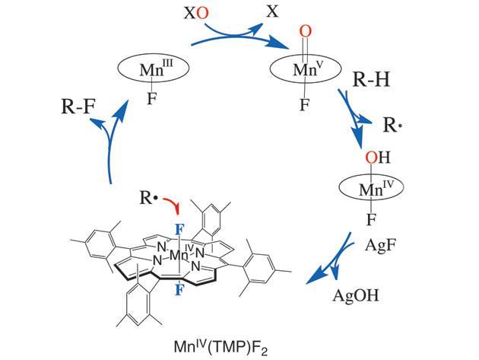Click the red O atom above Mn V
point(306,32)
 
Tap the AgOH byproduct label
point(356,296)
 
